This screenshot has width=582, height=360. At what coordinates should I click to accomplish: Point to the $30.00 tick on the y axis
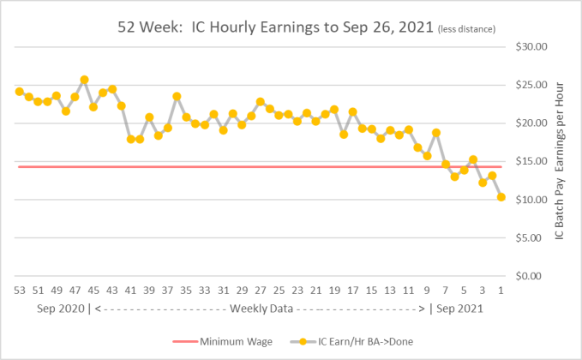(x=529, y=46)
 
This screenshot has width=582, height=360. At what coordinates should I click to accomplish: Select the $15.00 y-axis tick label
(x=529, y=161)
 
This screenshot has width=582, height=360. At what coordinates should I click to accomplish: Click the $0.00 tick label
(x=531, y=276)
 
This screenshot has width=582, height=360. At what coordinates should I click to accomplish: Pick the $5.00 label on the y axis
(x=531, y=237)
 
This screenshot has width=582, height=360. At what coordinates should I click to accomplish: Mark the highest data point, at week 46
(x=84, y=80)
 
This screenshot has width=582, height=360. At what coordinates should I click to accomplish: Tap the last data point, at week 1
(x=501, y=197)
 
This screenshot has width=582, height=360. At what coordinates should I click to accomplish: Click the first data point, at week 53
(x=20, y=92)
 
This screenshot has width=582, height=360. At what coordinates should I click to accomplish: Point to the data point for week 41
(x=130, y=139)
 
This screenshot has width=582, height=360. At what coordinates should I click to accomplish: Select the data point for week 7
(x=446, y=164)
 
